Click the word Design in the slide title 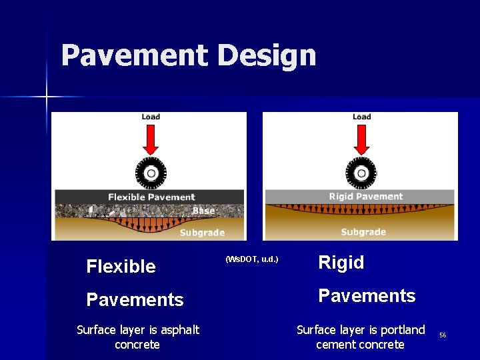coord(267,57)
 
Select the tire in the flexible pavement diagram coord(151,174)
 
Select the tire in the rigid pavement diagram coord(361,174)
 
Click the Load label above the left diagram coord(151,117)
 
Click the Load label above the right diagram coord(361,117)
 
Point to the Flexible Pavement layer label coord(151,197)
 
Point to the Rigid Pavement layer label coord(366,197)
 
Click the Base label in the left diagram coord(203,211)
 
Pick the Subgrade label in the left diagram coord(202,233)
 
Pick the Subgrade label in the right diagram coord(363,232)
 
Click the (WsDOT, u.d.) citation coord(252,259)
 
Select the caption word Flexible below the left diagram coord(121,267)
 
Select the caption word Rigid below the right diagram coord(341,263)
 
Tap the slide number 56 coord(443,335)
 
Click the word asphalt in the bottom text coord(179,329)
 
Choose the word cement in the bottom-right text coord(336,345)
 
